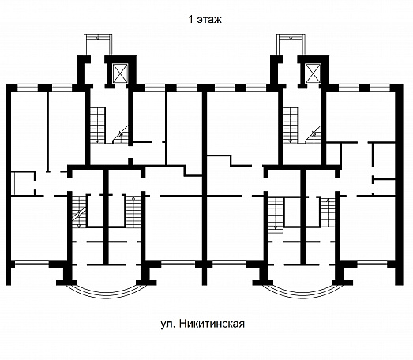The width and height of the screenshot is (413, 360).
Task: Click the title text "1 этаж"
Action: (205, 20)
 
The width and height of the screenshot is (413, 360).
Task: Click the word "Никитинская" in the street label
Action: (212, 324)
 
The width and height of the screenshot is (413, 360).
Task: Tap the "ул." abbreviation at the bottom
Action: (168, 324)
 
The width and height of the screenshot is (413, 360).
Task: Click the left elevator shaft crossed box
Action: (120, 73)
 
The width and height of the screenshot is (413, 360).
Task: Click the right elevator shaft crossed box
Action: (313, 73)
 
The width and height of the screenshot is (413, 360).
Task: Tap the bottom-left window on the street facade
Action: (32, 264)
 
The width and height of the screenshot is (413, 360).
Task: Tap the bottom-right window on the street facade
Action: (372, 264)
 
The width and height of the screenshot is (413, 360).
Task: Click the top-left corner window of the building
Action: (28, 88)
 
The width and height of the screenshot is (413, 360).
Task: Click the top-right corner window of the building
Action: (380, 88)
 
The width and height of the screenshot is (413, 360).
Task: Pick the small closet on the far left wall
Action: (23, 183)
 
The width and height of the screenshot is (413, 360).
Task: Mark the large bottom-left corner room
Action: (39, 228)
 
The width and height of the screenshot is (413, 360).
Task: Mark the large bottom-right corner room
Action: (368, 228)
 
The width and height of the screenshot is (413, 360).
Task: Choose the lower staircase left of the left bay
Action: (79, 212)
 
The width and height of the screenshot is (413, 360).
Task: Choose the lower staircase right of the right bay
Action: (328, 213)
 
